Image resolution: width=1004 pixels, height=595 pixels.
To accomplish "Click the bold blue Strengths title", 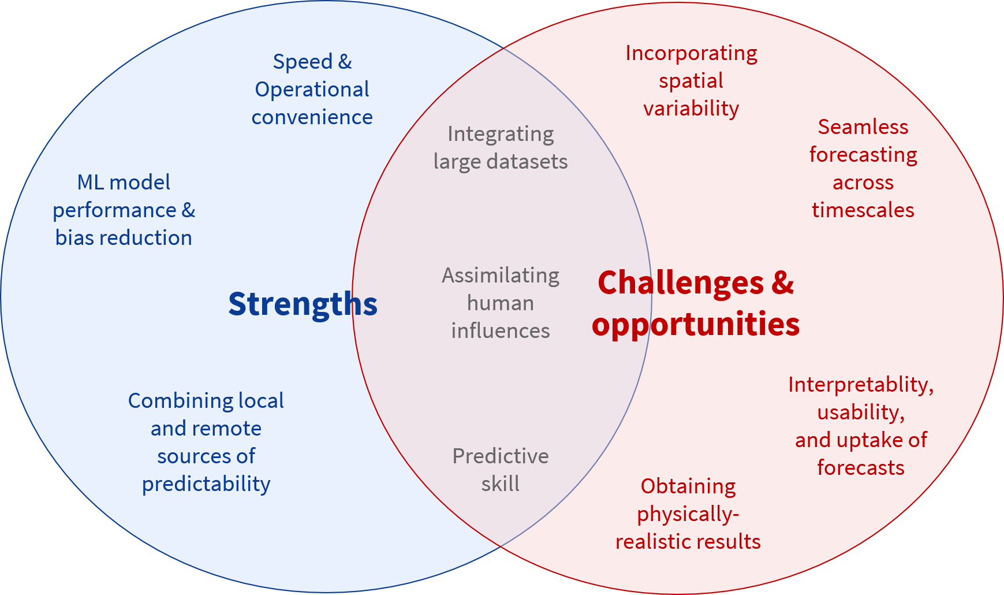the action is tap(303, 304).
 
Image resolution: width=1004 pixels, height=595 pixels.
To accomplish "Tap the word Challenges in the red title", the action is tap(681, 283).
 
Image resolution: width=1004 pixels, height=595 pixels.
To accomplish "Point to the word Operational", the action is tap(312, 90).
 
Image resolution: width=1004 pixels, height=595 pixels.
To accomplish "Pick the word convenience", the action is tap(312, 117).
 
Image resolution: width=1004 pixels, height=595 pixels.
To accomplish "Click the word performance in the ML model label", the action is tap(114, 211).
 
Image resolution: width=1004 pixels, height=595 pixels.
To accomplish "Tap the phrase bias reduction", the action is tap(124, 237).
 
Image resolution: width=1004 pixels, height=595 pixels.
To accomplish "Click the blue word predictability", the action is tap(206, 484).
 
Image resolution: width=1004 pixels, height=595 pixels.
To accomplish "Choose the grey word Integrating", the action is tap(501, 135).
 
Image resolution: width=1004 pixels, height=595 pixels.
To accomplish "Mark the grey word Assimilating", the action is tap(501, 276).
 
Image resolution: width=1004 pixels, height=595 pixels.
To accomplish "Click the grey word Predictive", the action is tap(501, 456).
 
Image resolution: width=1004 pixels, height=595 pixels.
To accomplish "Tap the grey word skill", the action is tap(501, 484).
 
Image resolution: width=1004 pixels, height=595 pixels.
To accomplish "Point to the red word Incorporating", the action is tap(692, 54).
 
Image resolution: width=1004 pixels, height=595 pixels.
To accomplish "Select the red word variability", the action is tap(691, 109).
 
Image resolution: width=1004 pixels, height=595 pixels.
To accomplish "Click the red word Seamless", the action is tap(863, 127).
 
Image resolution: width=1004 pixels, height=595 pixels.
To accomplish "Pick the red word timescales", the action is tap(863, 210).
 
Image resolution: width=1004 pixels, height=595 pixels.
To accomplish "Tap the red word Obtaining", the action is tap(688, 487).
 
